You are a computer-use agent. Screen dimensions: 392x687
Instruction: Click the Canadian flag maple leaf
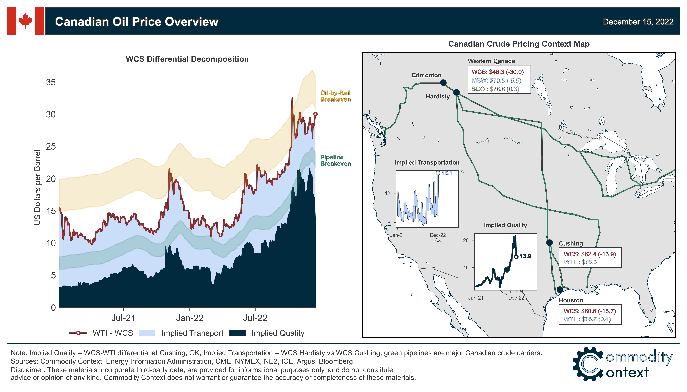25,21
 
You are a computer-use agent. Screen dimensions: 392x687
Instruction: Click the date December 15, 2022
638,22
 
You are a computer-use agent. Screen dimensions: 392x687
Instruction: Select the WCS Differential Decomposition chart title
187,59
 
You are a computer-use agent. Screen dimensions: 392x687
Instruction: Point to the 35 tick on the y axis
51,82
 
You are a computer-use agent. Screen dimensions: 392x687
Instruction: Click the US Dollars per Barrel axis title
37,188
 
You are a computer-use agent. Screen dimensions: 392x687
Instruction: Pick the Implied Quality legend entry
267,333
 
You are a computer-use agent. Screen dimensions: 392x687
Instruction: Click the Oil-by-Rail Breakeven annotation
335,96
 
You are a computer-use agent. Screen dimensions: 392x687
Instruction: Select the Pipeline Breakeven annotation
335,161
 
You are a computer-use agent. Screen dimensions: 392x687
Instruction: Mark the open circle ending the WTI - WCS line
315,114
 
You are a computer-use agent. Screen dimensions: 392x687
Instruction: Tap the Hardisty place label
438,96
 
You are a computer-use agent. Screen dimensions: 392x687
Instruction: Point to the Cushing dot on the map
549,243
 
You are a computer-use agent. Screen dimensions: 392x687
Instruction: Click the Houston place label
571,300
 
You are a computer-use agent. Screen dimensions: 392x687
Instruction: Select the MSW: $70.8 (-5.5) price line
496,81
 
